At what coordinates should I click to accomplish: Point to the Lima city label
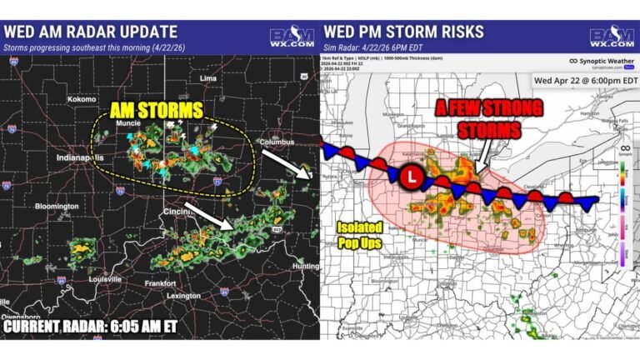click(x=207, y=77)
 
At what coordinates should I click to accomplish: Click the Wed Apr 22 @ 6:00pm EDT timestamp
click(x=586, y=80)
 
